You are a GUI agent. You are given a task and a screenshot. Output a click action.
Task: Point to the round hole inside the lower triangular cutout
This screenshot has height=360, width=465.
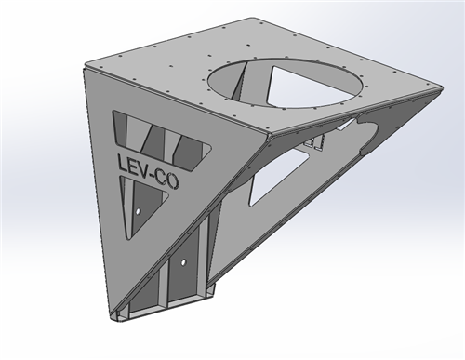click(x=139, y=212)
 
